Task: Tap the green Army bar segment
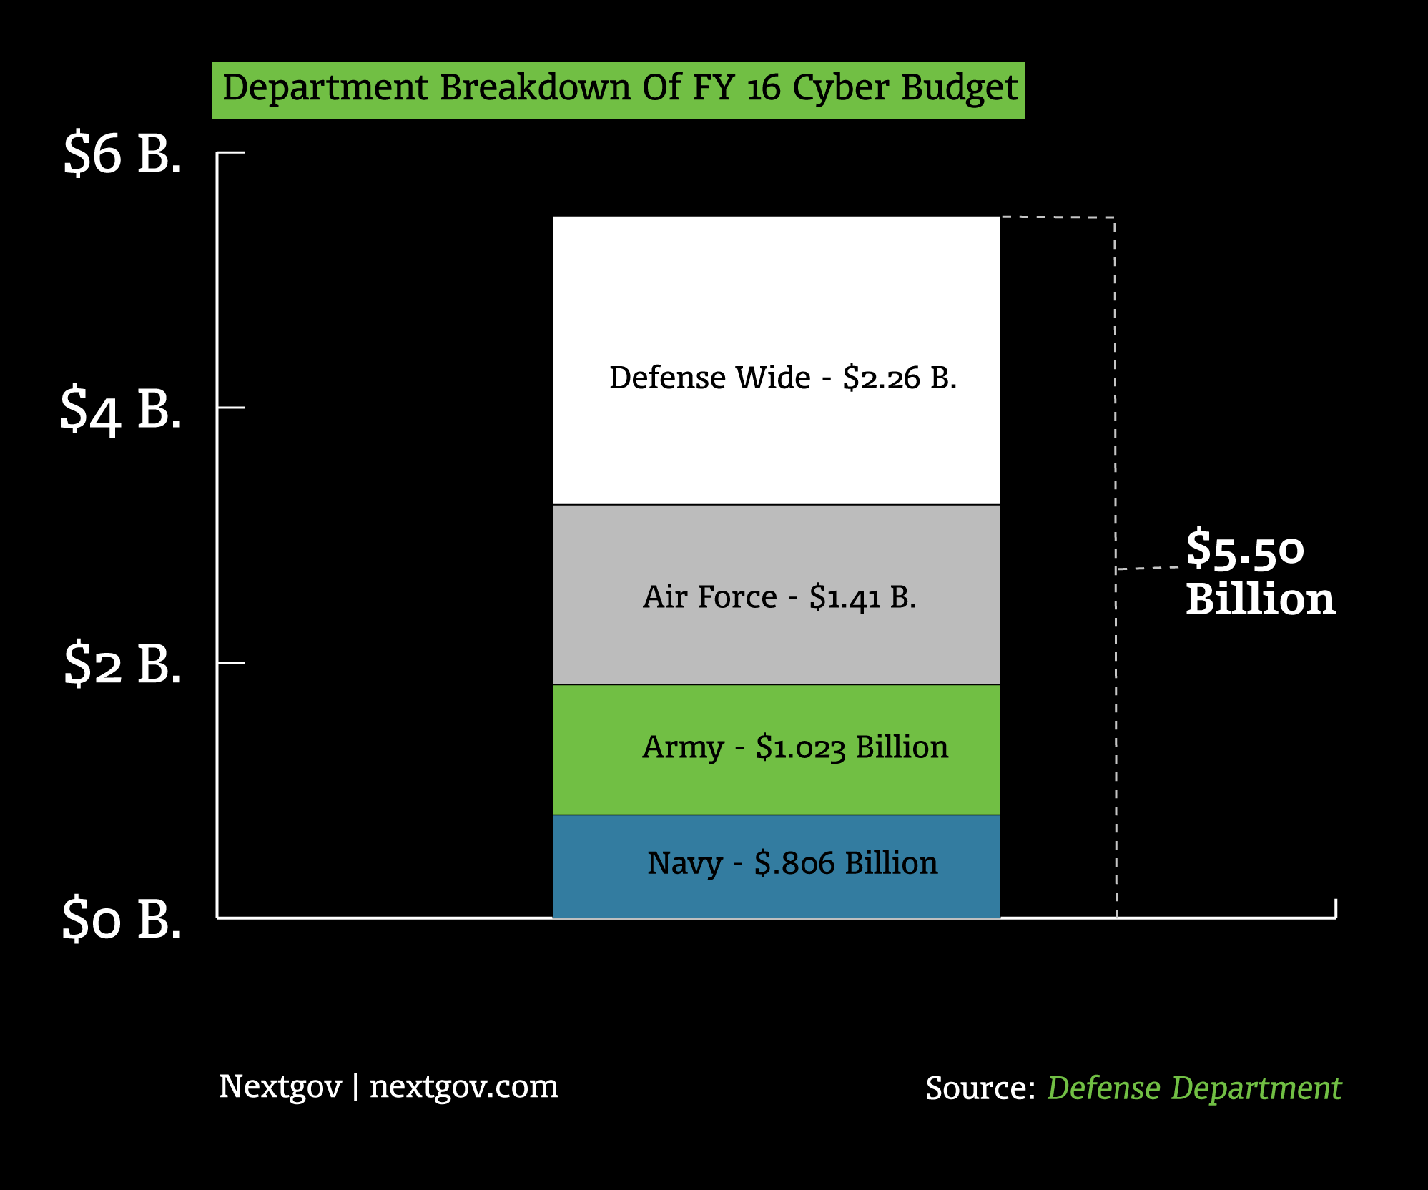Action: coord(776,787)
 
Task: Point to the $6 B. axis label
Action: coord(122,153)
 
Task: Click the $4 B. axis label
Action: coord(121,409)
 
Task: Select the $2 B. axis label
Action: coord(122,664)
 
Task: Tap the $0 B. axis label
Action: coord(122,919)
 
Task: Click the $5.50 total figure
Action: coord(1245,549)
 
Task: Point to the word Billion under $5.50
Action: coord(1260,599)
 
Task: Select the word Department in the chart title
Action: coord(325,89)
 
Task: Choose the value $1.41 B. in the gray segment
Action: coord(862,597)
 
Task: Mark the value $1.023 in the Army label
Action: coord(800,747)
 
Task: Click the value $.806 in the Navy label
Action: coord(794,863)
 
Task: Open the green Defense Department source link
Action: coord(1194,1088)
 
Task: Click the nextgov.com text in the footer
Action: coord(463,1087)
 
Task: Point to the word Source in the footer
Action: coord(980,1088)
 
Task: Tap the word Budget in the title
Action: coord(959,89)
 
